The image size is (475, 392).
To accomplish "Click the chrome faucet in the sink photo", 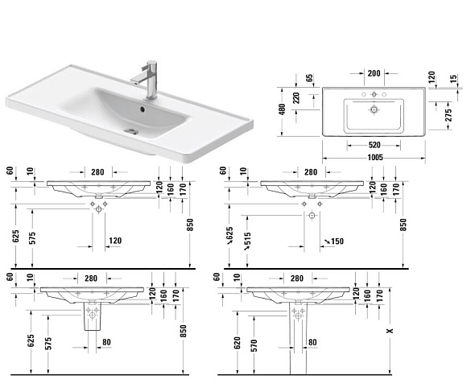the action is click(x=149, y=80).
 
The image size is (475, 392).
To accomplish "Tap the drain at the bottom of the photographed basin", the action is click(x=131, y=131).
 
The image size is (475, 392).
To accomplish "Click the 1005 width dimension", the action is click(x=375, y=158).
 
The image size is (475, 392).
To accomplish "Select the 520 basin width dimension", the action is click(x=374, y=145).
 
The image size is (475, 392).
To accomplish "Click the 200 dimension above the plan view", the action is click(x=374, y=73).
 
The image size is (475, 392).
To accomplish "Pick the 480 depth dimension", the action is click(x=282, y=109).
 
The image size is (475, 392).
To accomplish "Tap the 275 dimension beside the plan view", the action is click(x=448, y=115).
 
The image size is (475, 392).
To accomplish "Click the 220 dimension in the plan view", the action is click(x=296, y=98).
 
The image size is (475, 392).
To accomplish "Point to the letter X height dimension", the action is click(x=390, y=331).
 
